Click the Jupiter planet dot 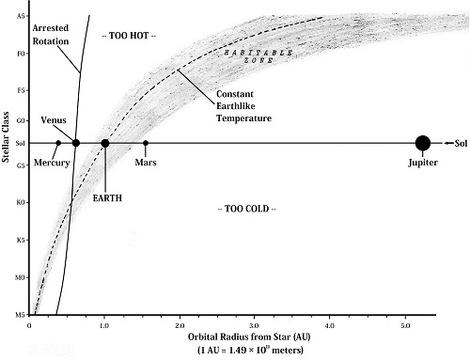[x=423, y=143]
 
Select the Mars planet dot [x=146, y=143]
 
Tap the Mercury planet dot [x=58, y=143]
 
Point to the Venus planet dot [x=75, y=143]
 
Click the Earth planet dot [x=105, y=143]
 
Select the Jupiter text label [x=422, y=163]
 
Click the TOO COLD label [x=246, y=207]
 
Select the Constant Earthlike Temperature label [x=243, y=107]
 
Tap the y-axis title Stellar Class [x=8, y=150]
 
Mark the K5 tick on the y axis [x=19, y=240]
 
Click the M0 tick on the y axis [x=19, y=277]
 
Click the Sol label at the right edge [x=459, y=143]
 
